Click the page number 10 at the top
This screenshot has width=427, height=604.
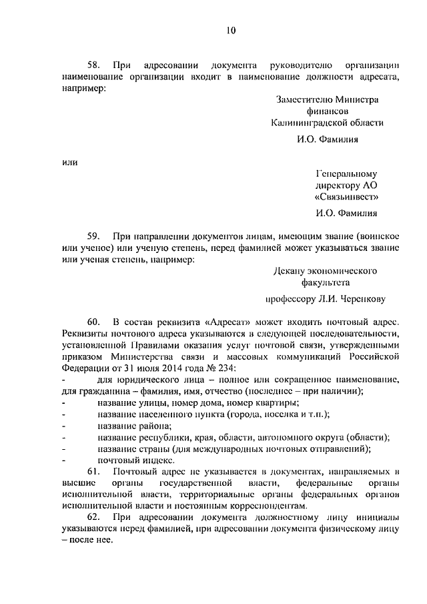(x=230, y=30)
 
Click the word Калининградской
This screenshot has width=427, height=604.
(x=305, y=123)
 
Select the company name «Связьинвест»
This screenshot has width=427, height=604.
(x=346, y=197)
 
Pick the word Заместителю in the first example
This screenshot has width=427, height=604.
(x=302, y=99)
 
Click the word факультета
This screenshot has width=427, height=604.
(x=328, y=283)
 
